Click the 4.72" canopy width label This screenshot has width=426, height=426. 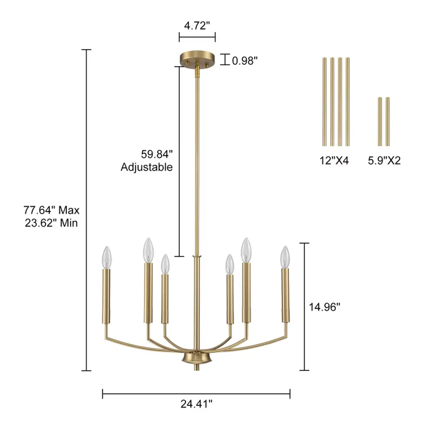coord(197,26)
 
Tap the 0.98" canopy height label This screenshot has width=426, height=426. coord(245,61)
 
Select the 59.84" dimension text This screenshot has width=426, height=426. coord(157,154)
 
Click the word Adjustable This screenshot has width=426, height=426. coord(147,167)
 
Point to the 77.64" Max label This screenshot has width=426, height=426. coord(51,210)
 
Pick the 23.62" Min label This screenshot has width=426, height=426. coord(51,223)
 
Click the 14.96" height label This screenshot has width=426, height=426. coord(324,307)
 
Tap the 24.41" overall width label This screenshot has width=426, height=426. coord(196,404)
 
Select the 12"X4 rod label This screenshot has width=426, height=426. coord(334,160)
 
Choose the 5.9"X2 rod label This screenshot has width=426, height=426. coord(384,160)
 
